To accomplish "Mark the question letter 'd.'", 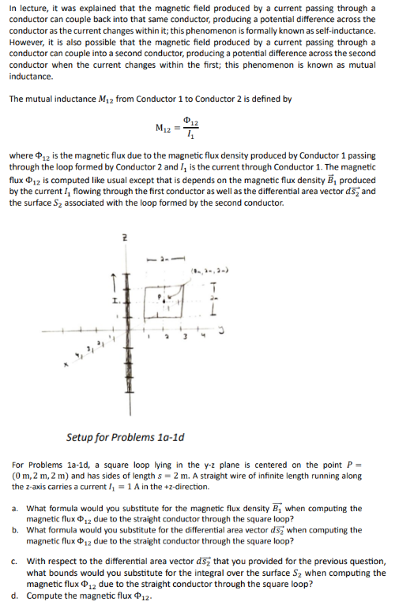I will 17,595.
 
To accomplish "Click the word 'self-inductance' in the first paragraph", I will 350,30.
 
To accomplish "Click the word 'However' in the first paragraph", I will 28,42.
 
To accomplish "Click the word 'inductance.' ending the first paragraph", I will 31,77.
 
